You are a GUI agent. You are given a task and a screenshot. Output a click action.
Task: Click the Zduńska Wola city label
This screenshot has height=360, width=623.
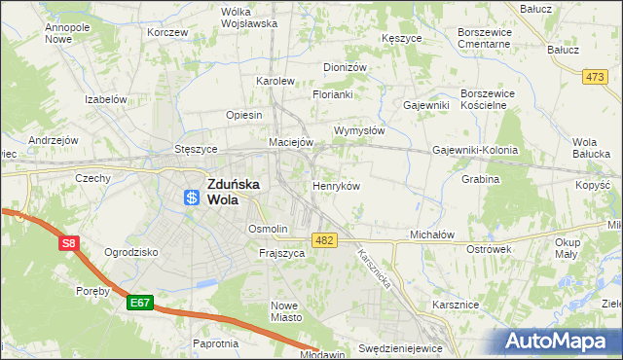click(x=233, y=189)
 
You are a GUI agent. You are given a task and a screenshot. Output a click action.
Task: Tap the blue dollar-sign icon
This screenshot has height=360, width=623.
click(x=192, y=198)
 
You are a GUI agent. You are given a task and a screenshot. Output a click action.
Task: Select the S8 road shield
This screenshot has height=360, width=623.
click(x=68, y=244)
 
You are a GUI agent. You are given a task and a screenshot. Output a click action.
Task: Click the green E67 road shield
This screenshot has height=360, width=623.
click(x=139, y=304)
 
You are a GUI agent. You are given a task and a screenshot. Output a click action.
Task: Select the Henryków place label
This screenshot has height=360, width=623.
click(x=337, y=185)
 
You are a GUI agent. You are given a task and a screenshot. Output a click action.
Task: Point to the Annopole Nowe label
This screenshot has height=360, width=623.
click(x=67, y=34)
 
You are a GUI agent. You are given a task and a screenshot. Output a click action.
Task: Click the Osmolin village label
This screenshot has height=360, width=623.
click(x=268, y=229)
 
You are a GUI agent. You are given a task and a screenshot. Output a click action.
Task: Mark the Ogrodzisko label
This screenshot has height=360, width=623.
click(x=130, y=251)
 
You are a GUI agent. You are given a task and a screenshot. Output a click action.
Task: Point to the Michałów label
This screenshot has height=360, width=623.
click(x=432, y=235)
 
